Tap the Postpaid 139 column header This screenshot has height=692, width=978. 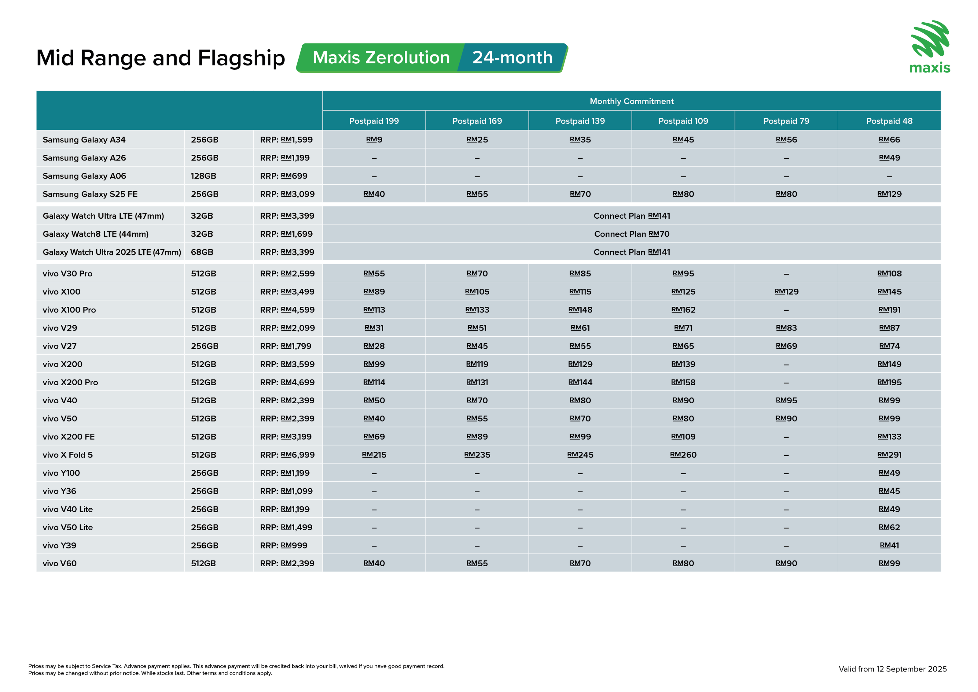[x=580, y=121]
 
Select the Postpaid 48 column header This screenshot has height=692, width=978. [x=889, y=121]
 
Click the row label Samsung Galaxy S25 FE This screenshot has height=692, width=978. [x=90, y=194]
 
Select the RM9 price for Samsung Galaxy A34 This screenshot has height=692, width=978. [x=374, y=140]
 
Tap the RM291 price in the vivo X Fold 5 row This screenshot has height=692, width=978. [x=889, y=455]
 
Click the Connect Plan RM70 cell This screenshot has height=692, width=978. [x=631, y=234]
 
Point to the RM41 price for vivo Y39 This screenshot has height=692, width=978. [x=889, y=546]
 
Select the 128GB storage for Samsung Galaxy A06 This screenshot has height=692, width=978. [x=203, y=176]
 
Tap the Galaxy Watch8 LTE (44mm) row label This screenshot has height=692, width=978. [x=95, y=234]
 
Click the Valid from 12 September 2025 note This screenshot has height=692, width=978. [x=892, y=669]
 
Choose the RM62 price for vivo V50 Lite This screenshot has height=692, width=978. [x=889, y=527]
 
